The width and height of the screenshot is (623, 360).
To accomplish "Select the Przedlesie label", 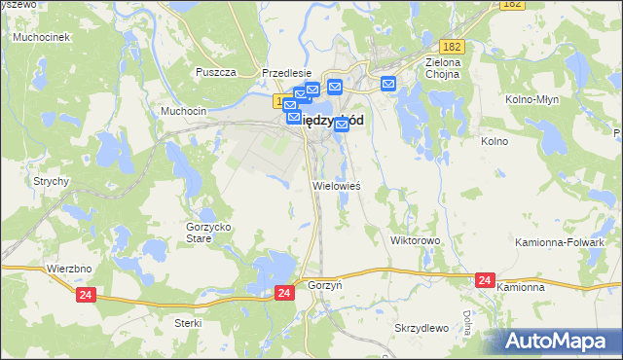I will pyautogui.click(x=287, y=73).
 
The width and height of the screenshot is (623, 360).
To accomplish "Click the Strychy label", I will pyautogui.click(x=50, y=181).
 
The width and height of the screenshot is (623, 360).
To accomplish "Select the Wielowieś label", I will pyautogui.click(x=336, y=185).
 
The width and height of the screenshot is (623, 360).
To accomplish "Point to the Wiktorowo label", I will pyautogui.click(x=416, y=239).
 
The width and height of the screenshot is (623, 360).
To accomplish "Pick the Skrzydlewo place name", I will pyautogui.click(x=421, y=327).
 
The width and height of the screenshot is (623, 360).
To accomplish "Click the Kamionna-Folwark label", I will pyautogui.click(x=573, y=241).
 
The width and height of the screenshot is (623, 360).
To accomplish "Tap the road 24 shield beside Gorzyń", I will pyautogui.click(x=283, y=292).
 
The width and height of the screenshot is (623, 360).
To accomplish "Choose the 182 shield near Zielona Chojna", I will pyautogui.click(x=451, y=47).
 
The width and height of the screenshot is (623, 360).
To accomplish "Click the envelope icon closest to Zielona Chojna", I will pyautogui.click(x=388, y=84).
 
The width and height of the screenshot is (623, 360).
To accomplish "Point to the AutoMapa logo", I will pyautogui.click(x=562, y=341).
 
